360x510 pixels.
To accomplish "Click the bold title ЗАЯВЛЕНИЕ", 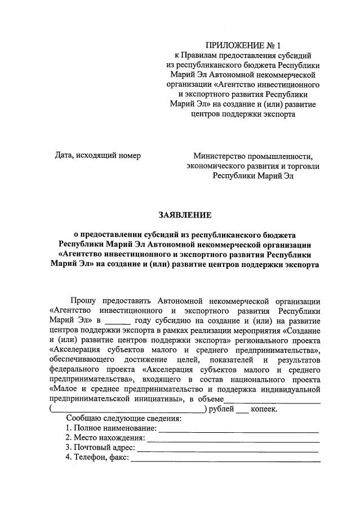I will (185, 215).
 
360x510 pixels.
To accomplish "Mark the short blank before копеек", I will (242, 410).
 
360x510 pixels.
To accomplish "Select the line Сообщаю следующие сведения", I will (123, 419).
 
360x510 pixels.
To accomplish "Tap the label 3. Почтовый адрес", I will (100, 448).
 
